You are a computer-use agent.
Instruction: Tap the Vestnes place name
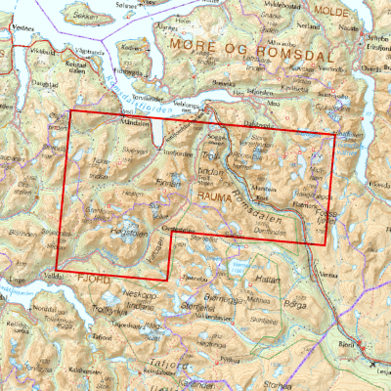pyautogui.click(x=11, y=29)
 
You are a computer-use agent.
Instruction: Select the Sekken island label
pyautogui.click(x=87, y=17)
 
